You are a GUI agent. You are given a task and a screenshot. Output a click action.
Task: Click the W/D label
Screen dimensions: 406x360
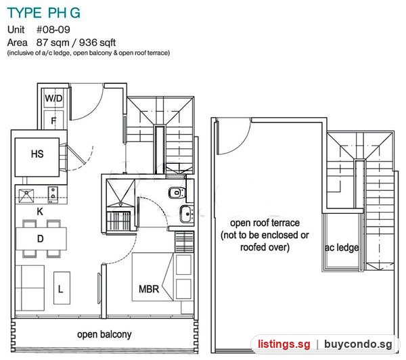tap(53, 98)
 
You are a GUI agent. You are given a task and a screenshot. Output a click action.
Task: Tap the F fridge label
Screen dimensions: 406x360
tap(53, 121)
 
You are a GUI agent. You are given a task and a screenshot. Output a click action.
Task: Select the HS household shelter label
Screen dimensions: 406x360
tap(37, 154)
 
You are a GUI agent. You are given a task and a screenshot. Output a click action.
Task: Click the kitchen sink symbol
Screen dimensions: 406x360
tap(26, 196)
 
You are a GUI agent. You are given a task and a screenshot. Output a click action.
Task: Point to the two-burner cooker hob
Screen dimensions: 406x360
tap(53, 194)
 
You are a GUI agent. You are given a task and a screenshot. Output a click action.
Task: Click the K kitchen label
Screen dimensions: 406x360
tap(40, 212)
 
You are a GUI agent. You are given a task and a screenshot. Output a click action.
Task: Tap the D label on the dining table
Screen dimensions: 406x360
tap(41, 239)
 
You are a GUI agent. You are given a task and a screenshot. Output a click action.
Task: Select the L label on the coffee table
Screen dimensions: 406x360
tap(61, 289)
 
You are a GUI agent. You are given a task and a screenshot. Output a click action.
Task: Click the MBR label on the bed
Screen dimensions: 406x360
tap(149, 289)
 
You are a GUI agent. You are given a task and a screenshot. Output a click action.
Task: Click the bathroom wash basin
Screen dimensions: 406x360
tap(187, 214)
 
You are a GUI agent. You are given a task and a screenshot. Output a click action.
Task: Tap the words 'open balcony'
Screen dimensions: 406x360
tap(104, 334)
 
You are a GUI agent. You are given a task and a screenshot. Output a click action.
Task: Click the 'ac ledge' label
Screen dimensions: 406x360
tap(342, 248)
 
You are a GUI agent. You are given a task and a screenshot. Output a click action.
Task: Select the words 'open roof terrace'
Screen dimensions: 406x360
tap(265, 223)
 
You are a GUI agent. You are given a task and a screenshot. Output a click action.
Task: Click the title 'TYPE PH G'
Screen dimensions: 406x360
tap(44, 13)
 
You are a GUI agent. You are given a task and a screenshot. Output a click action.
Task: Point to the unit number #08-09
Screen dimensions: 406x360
tap(53, 30)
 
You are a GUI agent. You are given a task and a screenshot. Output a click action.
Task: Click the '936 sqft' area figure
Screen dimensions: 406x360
tap(97, 43)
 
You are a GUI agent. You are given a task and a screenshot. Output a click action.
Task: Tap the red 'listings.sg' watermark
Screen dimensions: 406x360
tap(284, 344)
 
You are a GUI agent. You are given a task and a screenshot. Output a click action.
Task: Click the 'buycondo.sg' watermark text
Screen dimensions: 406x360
tap(358, 344)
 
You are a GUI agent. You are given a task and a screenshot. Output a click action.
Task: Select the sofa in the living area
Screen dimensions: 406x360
tap(30, 288)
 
